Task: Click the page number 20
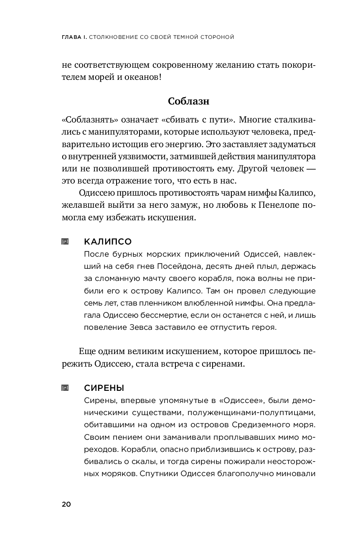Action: pyautogui.click(x=66, y=504)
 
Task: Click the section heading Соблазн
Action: pyautogui.click(x=188, y=102)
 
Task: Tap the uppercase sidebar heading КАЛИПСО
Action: pyautogui.click(x=108, y=242)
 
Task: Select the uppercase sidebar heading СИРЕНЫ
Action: pyautogui.click(x=104, y=388)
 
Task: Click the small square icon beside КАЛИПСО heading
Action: pyautogui.click(x=65, y=242)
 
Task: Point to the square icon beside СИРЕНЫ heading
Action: pyautogui.click(x=65, y=388)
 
